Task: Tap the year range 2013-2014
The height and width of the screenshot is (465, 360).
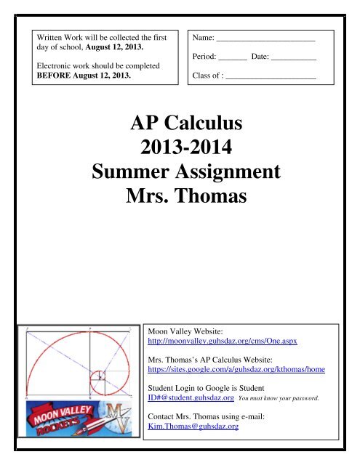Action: tap(180, 146)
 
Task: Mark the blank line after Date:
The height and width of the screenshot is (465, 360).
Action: tap(294, 55)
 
